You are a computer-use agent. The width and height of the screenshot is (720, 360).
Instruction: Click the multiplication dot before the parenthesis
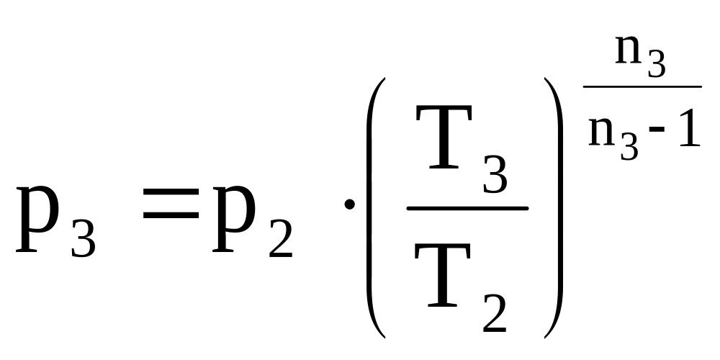[350, 205]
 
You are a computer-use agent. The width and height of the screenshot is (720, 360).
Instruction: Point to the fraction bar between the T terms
[468, 208]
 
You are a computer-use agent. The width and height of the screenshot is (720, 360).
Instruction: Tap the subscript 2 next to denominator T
[495, 311]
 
